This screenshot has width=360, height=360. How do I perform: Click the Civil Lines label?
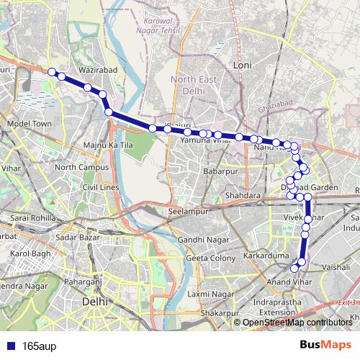pos(100,187)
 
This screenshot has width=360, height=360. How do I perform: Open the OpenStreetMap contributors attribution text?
pos(297,322)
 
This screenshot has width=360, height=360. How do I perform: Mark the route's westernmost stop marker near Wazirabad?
pos(52,71)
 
